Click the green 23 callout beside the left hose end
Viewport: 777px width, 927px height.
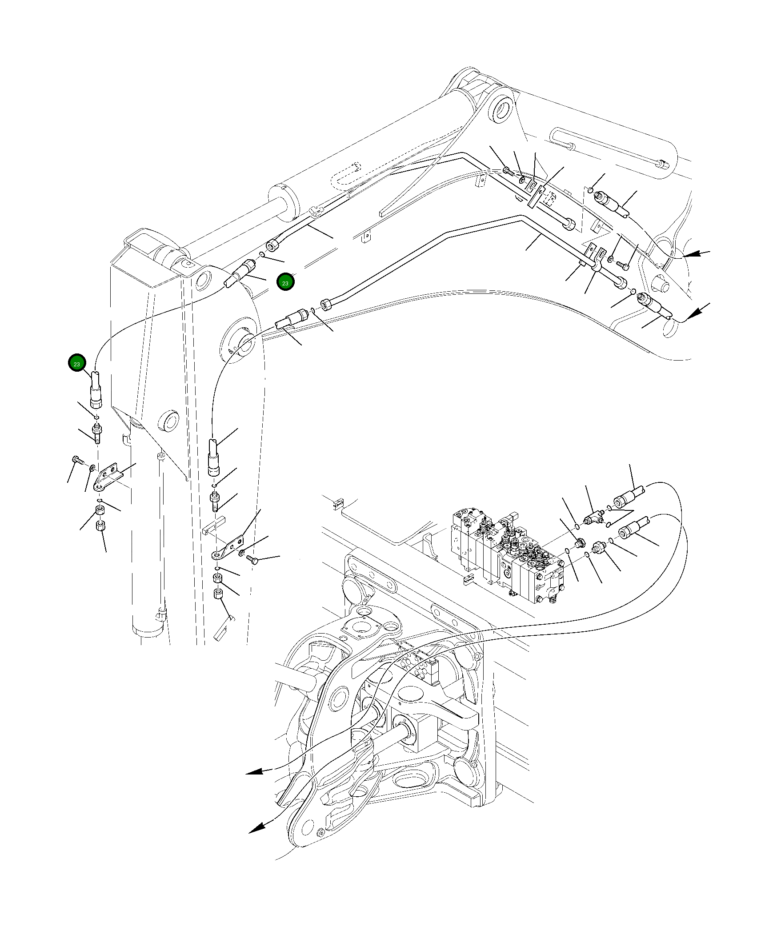[76, 364]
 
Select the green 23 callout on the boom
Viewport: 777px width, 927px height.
[285, 283]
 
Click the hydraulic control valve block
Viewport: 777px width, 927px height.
[507, 556]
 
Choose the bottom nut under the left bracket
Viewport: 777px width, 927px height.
[101, 525]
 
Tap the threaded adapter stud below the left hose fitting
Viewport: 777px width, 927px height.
[96, 433]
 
